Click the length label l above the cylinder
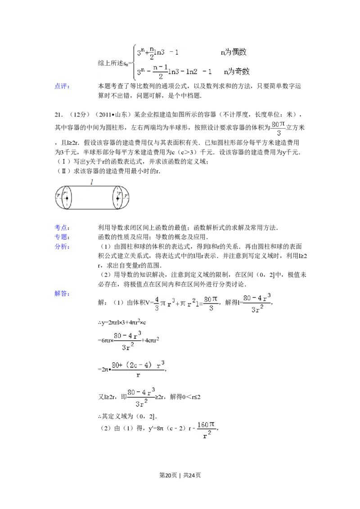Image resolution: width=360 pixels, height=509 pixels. [x=92, y=182]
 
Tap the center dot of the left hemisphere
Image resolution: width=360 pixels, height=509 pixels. [x=67, y=198]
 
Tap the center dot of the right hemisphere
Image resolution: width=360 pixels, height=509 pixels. [x=117, y=198]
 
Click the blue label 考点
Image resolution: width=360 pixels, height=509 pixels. [x=61, y=228]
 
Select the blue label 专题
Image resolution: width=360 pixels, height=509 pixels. [x=61, y=237]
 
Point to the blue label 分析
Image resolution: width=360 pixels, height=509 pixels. [x=61, y=246]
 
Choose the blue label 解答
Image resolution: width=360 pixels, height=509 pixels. [x=61, y=294]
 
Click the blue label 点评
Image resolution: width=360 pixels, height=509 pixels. [x=61, y=86]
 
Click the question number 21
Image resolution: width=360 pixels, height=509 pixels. [x=58, y=114]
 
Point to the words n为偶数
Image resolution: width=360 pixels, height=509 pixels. [x=234, y=52]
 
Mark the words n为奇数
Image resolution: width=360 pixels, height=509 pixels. [x=237, y=71]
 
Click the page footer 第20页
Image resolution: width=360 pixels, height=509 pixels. [x=168, y=475]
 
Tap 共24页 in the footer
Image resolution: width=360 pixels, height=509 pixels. [x=192, y=475]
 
